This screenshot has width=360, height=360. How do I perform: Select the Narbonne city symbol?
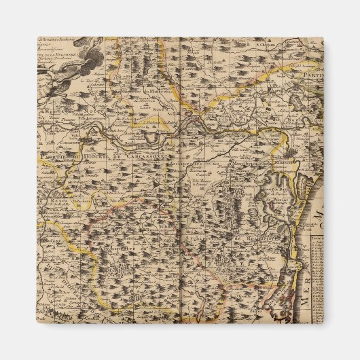pos(285,162)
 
